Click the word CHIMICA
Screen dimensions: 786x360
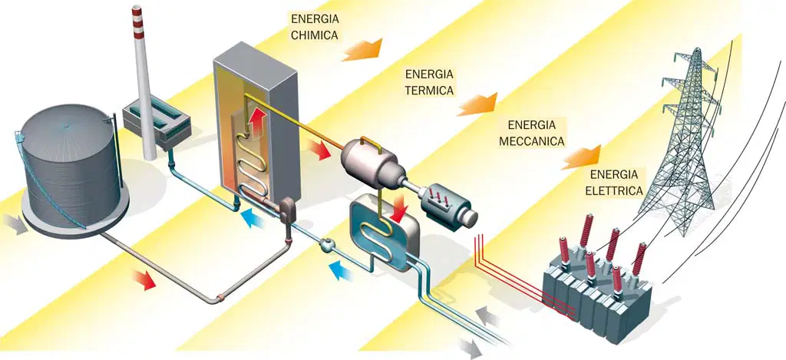point(314,35)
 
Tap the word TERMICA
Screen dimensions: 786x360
point(430,91)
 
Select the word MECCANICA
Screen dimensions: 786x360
point(532,141)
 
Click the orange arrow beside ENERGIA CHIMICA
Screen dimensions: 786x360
point(362,50)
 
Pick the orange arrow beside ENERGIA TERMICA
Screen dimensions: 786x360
point(477,104)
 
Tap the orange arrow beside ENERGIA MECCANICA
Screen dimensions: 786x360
point(581,157)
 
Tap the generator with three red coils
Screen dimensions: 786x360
point(447,206)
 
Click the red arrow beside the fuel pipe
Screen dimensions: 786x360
point(144,279)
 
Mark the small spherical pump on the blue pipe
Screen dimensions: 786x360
point(327,245)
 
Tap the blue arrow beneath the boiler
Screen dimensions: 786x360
point(253,219)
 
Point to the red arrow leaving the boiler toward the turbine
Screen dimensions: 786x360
point(319,150)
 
